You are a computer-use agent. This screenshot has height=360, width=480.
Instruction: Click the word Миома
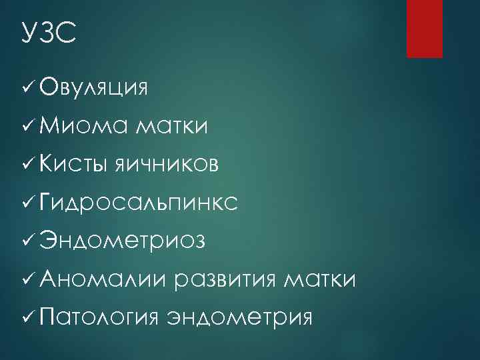pos(83,125)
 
